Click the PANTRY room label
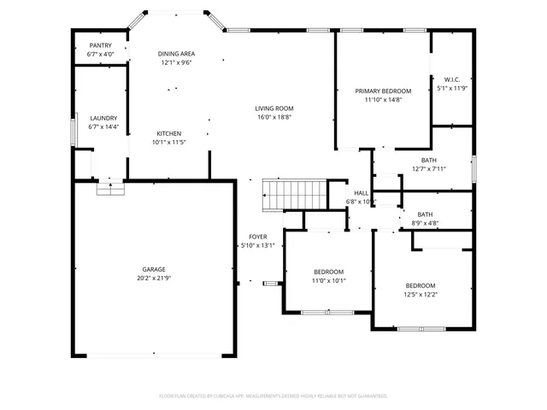click(100, 46)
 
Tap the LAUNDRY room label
click(103, 118)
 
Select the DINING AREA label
click(176, 54)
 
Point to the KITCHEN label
click(168, 133)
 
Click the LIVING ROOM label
click(273, 108)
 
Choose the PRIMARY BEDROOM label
click(383, 91)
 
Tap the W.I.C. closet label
click(452, 79)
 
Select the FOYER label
click(257, 237)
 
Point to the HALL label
click(361, 193)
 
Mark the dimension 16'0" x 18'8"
click(273, 117)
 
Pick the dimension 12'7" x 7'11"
click(428, 168)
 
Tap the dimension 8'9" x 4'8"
click(425, 223)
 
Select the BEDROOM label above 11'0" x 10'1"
click(328, 272)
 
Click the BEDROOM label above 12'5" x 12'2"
click(421, 285)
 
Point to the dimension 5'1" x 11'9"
click(452, 88)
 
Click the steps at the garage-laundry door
click(109, 189)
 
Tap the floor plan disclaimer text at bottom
click(273, 395)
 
